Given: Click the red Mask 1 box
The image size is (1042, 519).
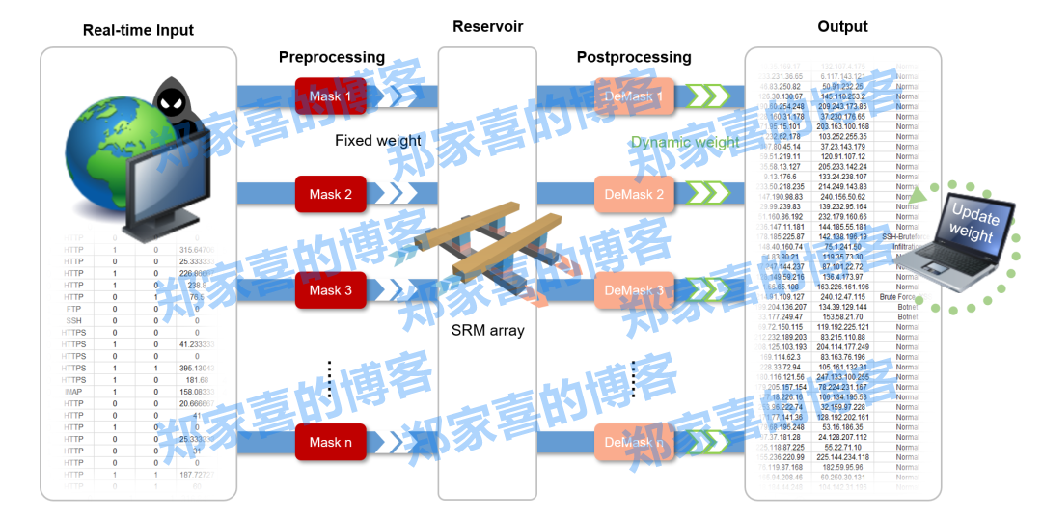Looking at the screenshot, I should [x=331, y=97].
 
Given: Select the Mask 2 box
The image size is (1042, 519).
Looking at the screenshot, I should [x=331, y=195].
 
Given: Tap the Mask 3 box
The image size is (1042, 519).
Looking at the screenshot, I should [x=331, y=290].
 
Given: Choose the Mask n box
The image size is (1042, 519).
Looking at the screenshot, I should [x=331, y=443].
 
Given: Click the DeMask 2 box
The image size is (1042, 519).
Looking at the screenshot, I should [x=633, y=195].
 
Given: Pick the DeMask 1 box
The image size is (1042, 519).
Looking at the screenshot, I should [x=633, y=97].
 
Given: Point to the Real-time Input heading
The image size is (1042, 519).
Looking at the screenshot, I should [x=138, y=30].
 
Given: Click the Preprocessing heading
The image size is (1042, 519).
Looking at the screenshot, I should [x=332, y=57].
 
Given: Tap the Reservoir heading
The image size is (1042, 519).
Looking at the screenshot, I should [x=487, y=27].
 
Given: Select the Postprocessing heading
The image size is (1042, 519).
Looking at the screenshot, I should [x=634, y=57].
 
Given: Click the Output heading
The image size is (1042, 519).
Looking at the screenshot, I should [x=842, y=27].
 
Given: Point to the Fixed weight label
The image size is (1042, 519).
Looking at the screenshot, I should [x=378, y=141].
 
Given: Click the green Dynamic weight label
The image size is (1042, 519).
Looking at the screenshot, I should [x=685, y=142].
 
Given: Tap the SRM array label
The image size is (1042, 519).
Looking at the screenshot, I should [x=487, y=330].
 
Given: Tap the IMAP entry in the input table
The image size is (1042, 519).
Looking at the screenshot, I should [x=74, y=393].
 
